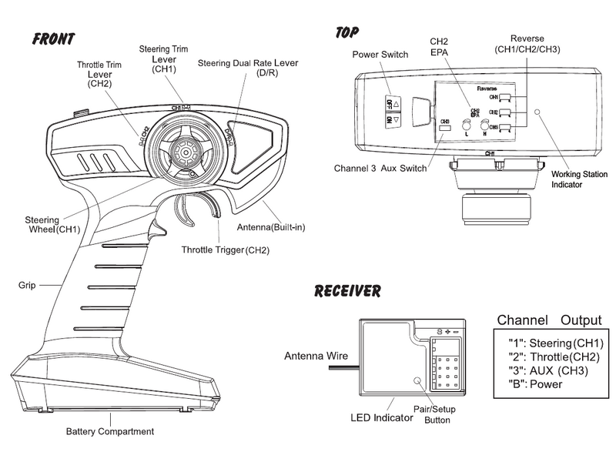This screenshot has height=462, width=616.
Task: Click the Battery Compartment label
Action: (x=109, y=431)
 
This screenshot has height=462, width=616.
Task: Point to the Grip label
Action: (x=28, y=285)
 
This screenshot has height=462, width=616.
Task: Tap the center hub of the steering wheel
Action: (x=186, y=152)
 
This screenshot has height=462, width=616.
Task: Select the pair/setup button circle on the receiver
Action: (x=419, y=380)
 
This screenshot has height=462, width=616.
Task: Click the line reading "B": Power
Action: (x=540, y=385)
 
